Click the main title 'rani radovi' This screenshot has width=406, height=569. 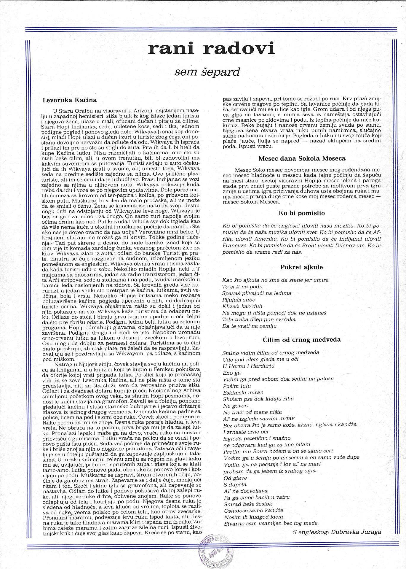coord(211,49)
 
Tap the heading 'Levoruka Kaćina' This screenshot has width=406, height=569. coord(70,100)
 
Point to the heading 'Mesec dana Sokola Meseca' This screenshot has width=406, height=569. coord(302,158)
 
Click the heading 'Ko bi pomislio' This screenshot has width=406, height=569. coord(302,213)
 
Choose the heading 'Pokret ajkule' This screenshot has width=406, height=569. coord(301,267)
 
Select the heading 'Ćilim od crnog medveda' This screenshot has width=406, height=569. coord(302,340)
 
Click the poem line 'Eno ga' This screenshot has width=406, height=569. coord(231,373)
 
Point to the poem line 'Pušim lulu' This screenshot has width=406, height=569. coord(236,386)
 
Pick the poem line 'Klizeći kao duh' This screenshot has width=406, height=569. coord(242,306)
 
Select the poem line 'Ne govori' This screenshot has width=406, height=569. coord(236,406)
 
